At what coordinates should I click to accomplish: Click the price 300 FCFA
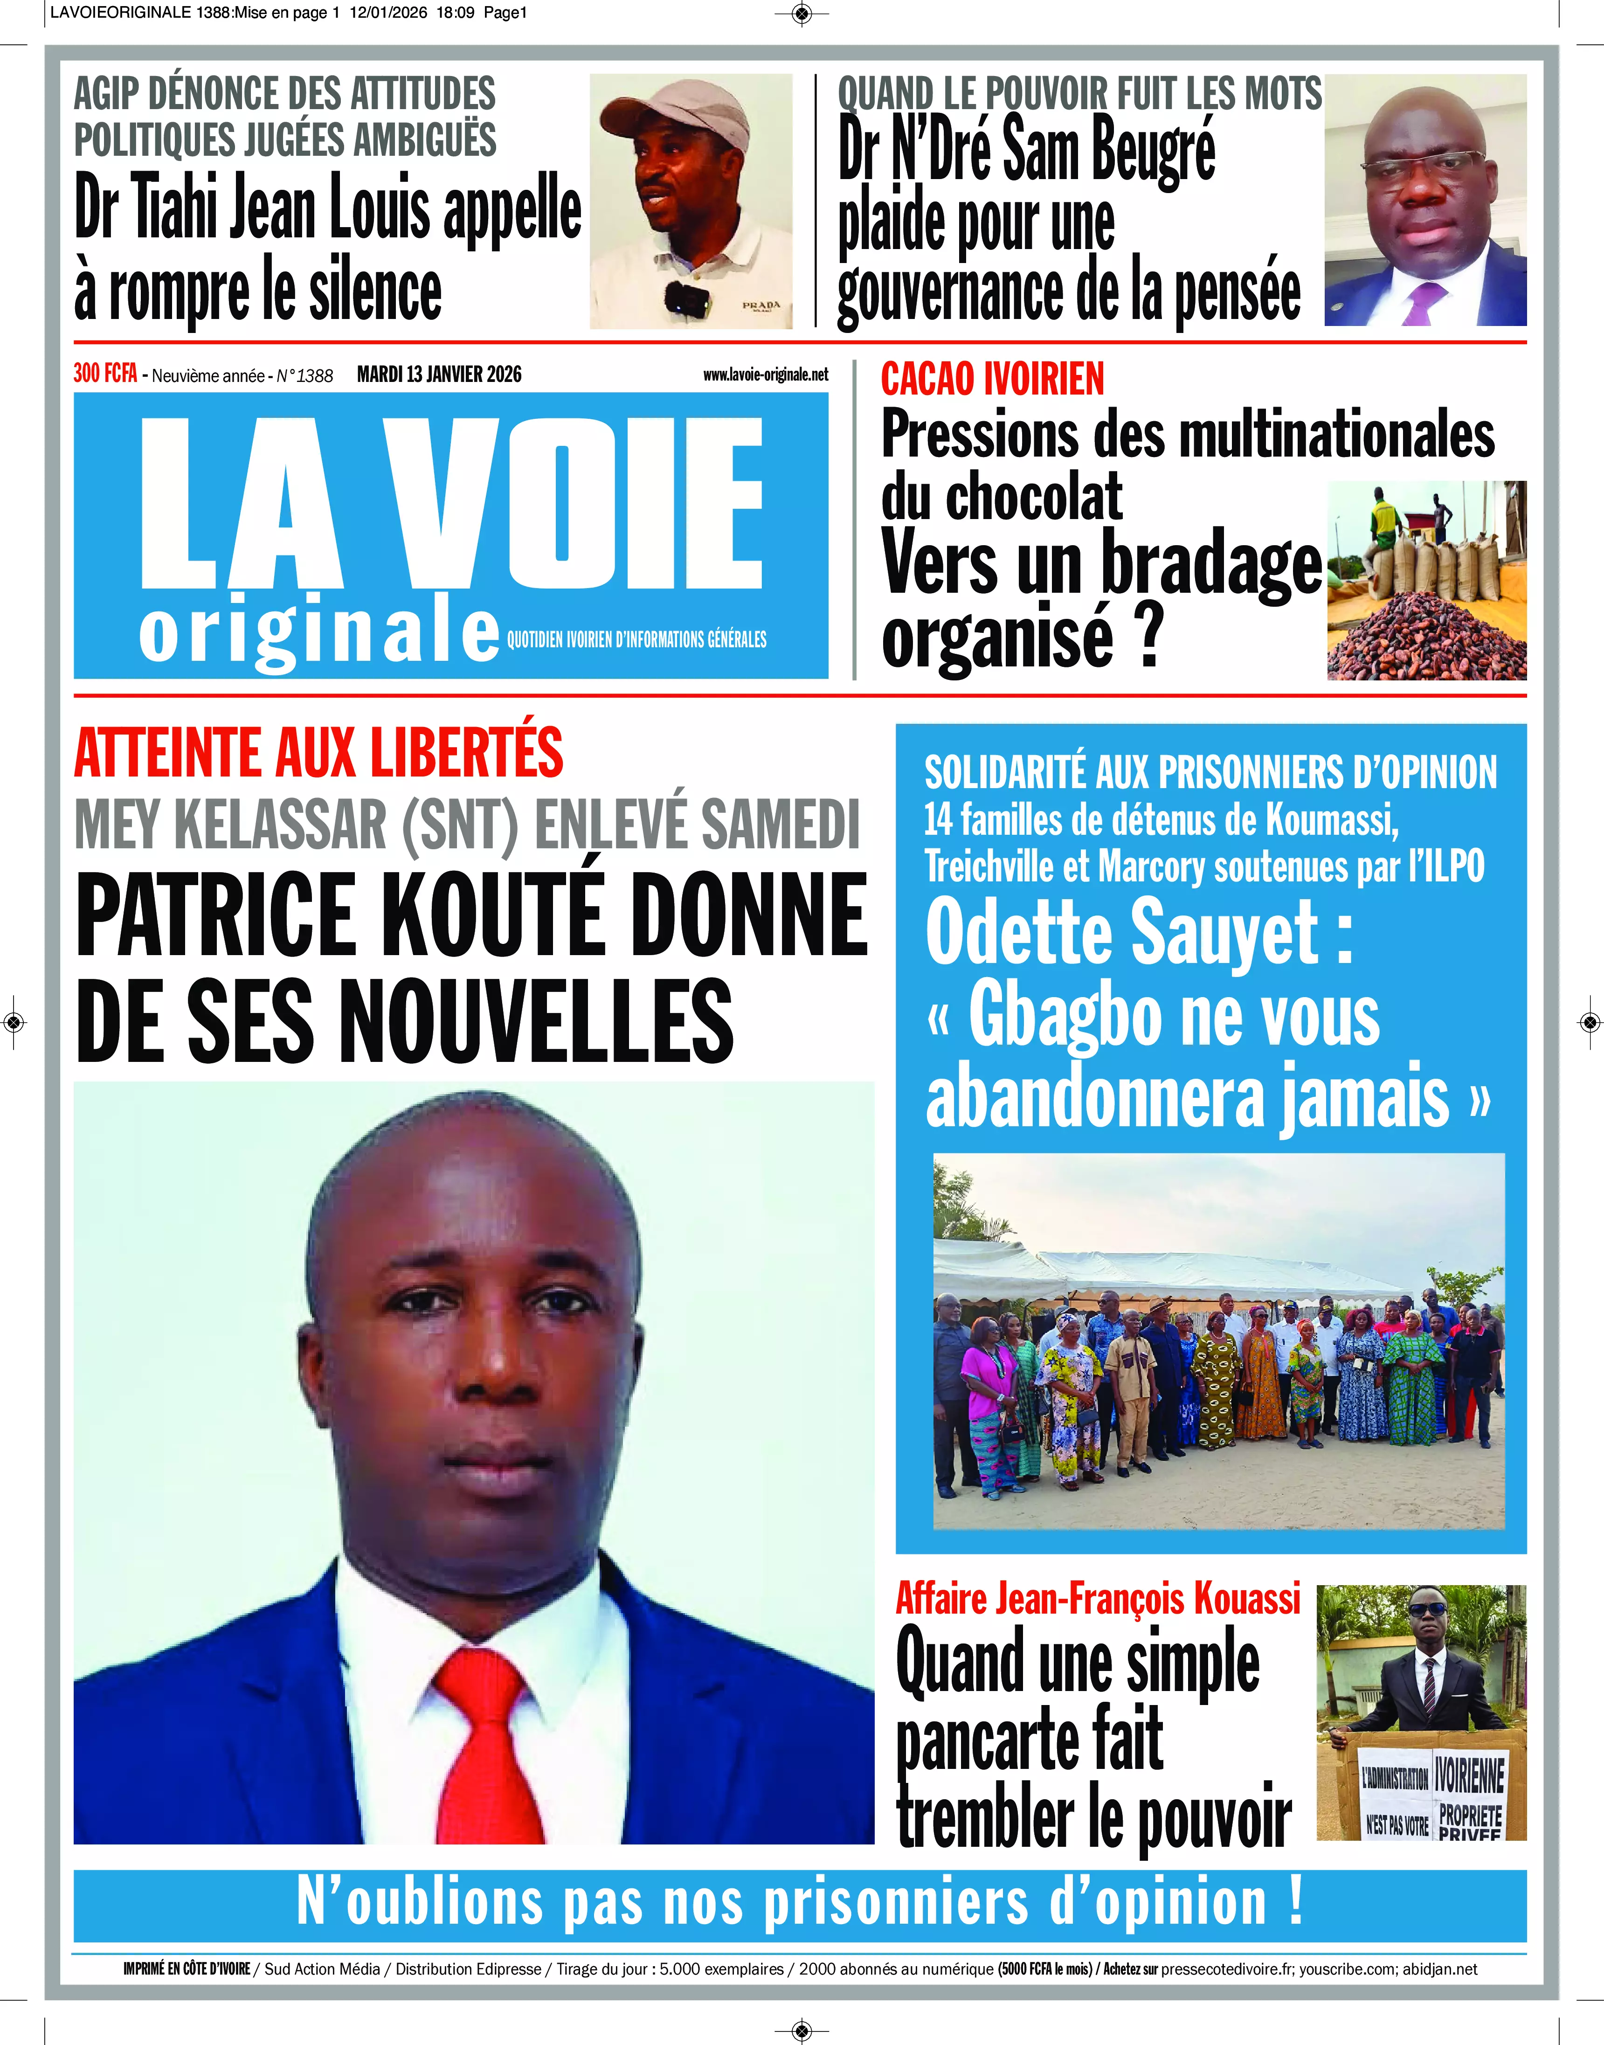105,374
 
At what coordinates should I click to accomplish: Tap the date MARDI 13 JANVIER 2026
439,374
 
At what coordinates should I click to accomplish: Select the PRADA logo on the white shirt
761,305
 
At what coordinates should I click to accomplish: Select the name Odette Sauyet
1122,933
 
